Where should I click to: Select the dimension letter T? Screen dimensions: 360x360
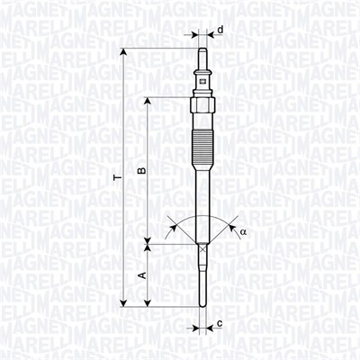[x=115, y=179]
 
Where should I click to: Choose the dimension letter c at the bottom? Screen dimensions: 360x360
[x=220, y=322]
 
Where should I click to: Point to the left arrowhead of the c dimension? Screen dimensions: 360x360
[x=196, y=322]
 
